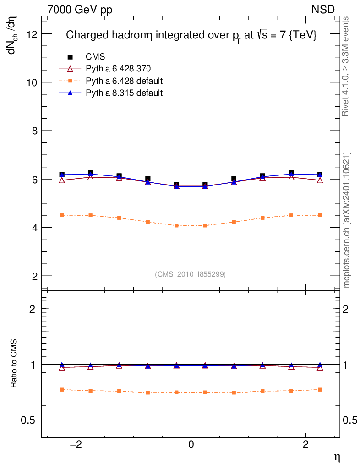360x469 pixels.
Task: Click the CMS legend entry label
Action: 95,57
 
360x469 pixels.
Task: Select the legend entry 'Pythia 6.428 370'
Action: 118,69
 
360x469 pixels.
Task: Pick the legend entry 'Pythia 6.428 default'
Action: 124,81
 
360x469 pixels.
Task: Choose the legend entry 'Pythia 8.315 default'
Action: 124,93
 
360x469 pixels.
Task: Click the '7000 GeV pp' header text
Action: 80,10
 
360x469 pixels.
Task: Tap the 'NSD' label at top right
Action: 323,10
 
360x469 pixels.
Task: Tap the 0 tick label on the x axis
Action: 191,445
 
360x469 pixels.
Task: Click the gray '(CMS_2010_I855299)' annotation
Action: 190,274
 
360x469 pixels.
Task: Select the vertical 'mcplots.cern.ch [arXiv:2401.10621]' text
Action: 347,220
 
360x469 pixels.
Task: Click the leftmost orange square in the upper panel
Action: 62,215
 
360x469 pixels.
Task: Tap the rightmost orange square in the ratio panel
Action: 320,390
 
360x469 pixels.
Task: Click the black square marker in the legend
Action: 71,57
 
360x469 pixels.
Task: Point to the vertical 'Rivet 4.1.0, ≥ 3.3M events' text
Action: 347,66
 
